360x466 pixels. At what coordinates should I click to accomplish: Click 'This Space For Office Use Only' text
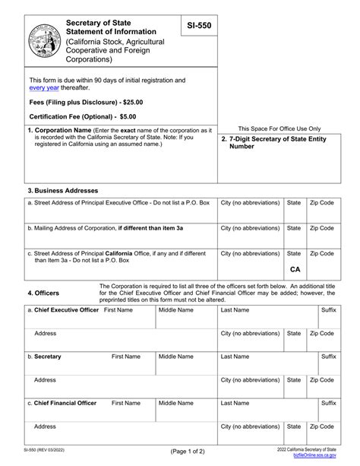(x=279, y=129)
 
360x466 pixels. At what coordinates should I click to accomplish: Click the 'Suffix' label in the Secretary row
(x=328, y=357)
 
